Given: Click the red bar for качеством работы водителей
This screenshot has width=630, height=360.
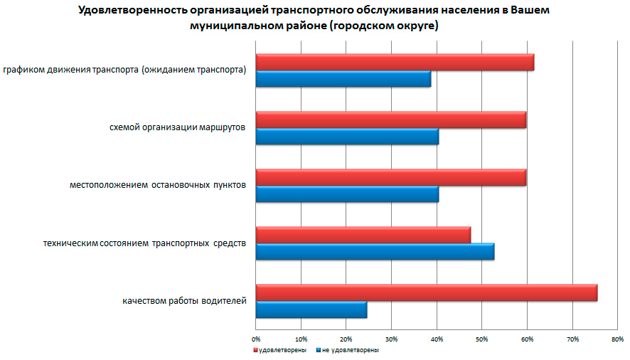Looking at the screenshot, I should click(427, 292).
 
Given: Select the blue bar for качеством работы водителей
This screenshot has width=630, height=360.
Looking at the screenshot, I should click(311, 309).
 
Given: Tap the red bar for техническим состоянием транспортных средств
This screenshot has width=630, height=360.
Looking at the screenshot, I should click(363, 235).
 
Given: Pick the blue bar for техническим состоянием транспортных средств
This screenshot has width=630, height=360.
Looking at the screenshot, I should click(375, 252).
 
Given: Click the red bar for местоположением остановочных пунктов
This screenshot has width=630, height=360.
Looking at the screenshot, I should click(391, 177).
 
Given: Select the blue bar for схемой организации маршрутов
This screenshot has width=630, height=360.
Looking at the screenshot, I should click(347, 137).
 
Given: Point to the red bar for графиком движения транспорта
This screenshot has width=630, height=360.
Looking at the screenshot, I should click(395, 63).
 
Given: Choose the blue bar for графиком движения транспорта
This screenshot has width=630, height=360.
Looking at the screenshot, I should click(343, 79).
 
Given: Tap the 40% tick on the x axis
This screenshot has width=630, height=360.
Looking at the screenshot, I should click(437, 338).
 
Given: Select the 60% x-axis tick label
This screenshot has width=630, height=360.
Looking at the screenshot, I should click(527, 338).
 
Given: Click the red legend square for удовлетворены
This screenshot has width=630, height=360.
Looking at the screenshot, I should click(256, 350).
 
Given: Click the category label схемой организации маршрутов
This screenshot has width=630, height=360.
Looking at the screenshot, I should click(177, 127).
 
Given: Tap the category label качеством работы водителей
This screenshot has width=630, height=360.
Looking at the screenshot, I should click(184, 301).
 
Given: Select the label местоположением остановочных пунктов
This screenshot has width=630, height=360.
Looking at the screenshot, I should click(158, 185).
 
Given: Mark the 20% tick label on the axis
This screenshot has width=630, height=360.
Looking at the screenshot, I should click(346, 338).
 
